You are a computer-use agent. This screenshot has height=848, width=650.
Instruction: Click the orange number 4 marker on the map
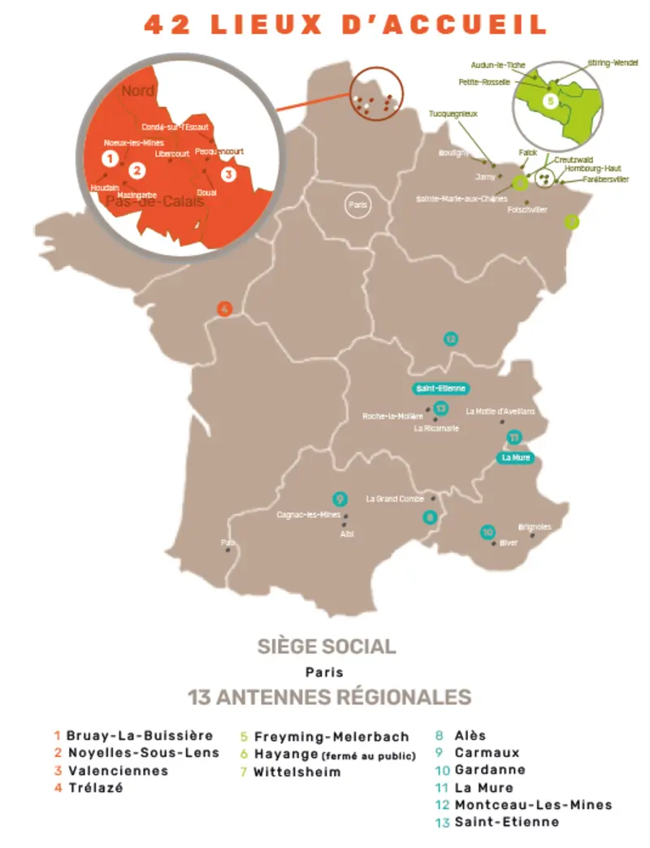click(x=225, y=309)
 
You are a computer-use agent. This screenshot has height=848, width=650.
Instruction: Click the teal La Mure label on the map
click(x=517, y=458)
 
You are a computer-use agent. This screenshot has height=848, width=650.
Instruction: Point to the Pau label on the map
click(x=227, y=542)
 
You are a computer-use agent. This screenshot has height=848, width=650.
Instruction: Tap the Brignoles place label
click(x=535, y=527)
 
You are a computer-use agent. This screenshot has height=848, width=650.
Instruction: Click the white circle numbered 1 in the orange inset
click(x=110, y=158)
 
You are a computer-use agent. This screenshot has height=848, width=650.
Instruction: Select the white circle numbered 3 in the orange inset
click(x=229, y=173)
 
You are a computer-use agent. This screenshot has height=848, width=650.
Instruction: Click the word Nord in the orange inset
click(x=138, y=91)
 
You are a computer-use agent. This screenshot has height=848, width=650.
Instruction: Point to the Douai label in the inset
click(x=206, y=193)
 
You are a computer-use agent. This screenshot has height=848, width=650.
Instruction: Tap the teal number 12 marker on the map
click(x=450, y=339)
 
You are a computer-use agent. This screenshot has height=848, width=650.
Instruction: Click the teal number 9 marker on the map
click(x=340, y=499)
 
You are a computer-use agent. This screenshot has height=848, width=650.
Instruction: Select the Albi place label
click(x=348, y=534)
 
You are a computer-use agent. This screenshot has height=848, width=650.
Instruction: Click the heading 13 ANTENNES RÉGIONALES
click(x=329, y=698)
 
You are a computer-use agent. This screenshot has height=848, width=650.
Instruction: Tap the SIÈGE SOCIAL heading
click(x=327, y=647)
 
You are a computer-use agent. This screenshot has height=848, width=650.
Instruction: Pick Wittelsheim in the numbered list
click(x=297, y=772)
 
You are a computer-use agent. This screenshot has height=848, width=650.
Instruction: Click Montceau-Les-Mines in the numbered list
click(x=533, y=805)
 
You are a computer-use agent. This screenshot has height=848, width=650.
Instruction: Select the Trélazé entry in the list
click(x=95, y=788)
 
